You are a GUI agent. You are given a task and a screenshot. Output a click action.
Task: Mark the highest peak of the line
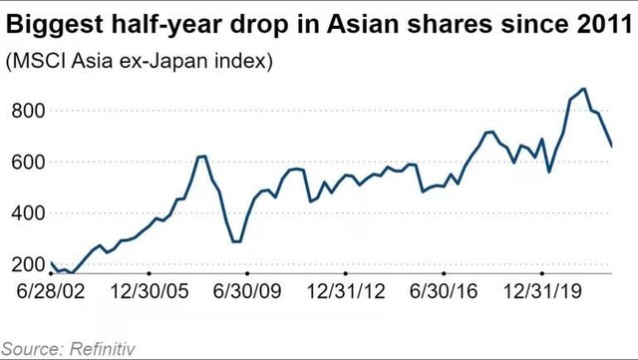click(x=583, y=89)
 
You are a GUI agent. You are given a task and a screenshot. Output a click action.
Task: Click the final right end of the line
click(x=612, y=147)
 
